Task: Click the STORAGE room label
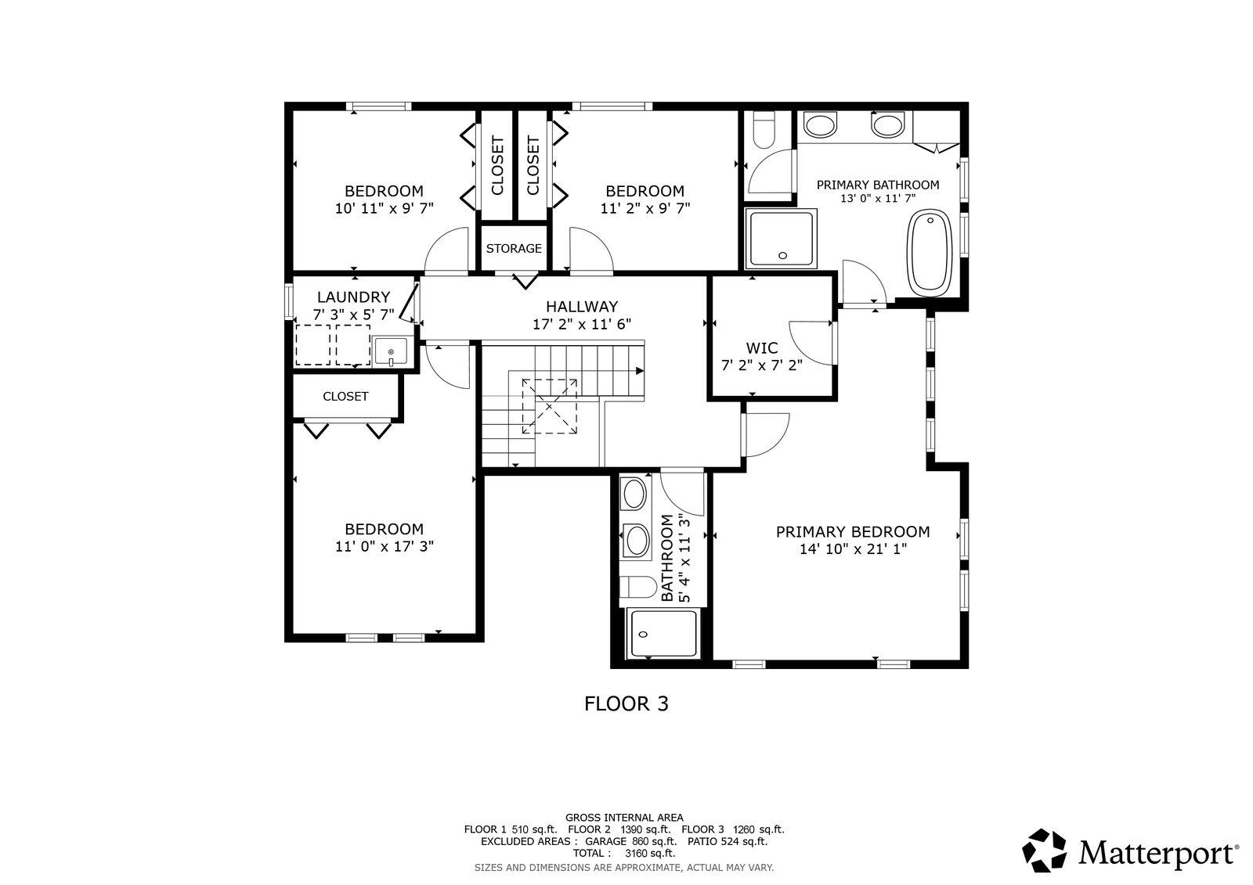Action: click(514, 248)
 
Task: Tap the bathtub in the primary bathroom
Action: click(930, 253)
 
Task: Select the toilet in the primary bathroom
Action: click(763, 130)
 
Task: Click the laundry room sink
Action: click(391, 351)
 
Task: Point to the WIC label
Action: click(762, 347)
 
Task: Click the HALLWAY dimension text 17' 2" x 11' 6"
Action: click(582, 324)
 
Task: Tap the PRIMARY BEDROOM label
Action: click(853, 531)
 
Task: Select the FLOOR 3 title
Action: click(626, 703)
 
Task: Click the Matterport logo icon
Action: click(1044, 851)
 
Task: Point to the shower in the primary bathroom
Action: click(782, 238)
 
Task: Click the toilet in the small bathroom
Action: click(638, 587)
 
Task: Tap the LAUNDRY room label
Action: click(353, 297)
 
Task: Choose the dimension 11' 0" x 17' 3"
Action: click(385, 546)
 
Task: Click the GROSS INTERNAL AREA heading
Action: click(624, 818)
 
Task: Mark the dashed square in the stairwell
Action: click(550, 406)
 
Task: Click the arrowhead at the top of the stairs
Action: click(640, 371)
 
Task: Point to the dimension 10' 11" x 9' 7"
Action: click(385, 208)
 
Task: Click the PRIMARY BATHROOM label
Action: click(878, 185)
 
